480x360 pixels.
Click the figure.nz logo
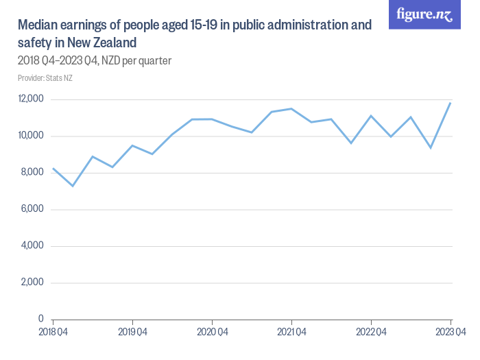click(x=424, y=14)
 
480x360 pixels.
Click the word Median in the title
click(x=39, y=25)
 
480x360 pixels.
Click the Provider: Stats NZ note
click(x=45, y=78)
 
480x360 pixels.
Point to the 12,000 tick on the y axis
click(x=31, y=99)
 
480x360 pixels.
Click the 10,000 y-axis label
click(x=31, y=136)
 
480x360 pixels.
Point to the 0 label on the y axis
click(x=41, y=320)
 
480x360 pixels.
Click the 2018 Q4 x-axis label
click(x=53, y=333)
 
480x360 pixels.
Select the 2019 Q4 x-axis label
click(x=132, y=333)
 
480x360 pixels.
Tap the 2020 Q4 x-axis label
click(x=212, y=333)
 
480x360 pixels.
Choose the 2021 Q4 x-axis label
click(x=291, y=333)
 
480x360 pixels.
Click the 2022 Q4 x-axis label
click(x=371, y=333)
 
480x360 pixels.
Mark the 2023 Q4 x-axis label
click(x=450, y=333)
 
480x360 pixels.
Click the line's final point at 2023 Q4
click(x=451, y=103)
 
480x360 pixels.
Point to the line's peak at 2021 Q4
click(x=291, y=108)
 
